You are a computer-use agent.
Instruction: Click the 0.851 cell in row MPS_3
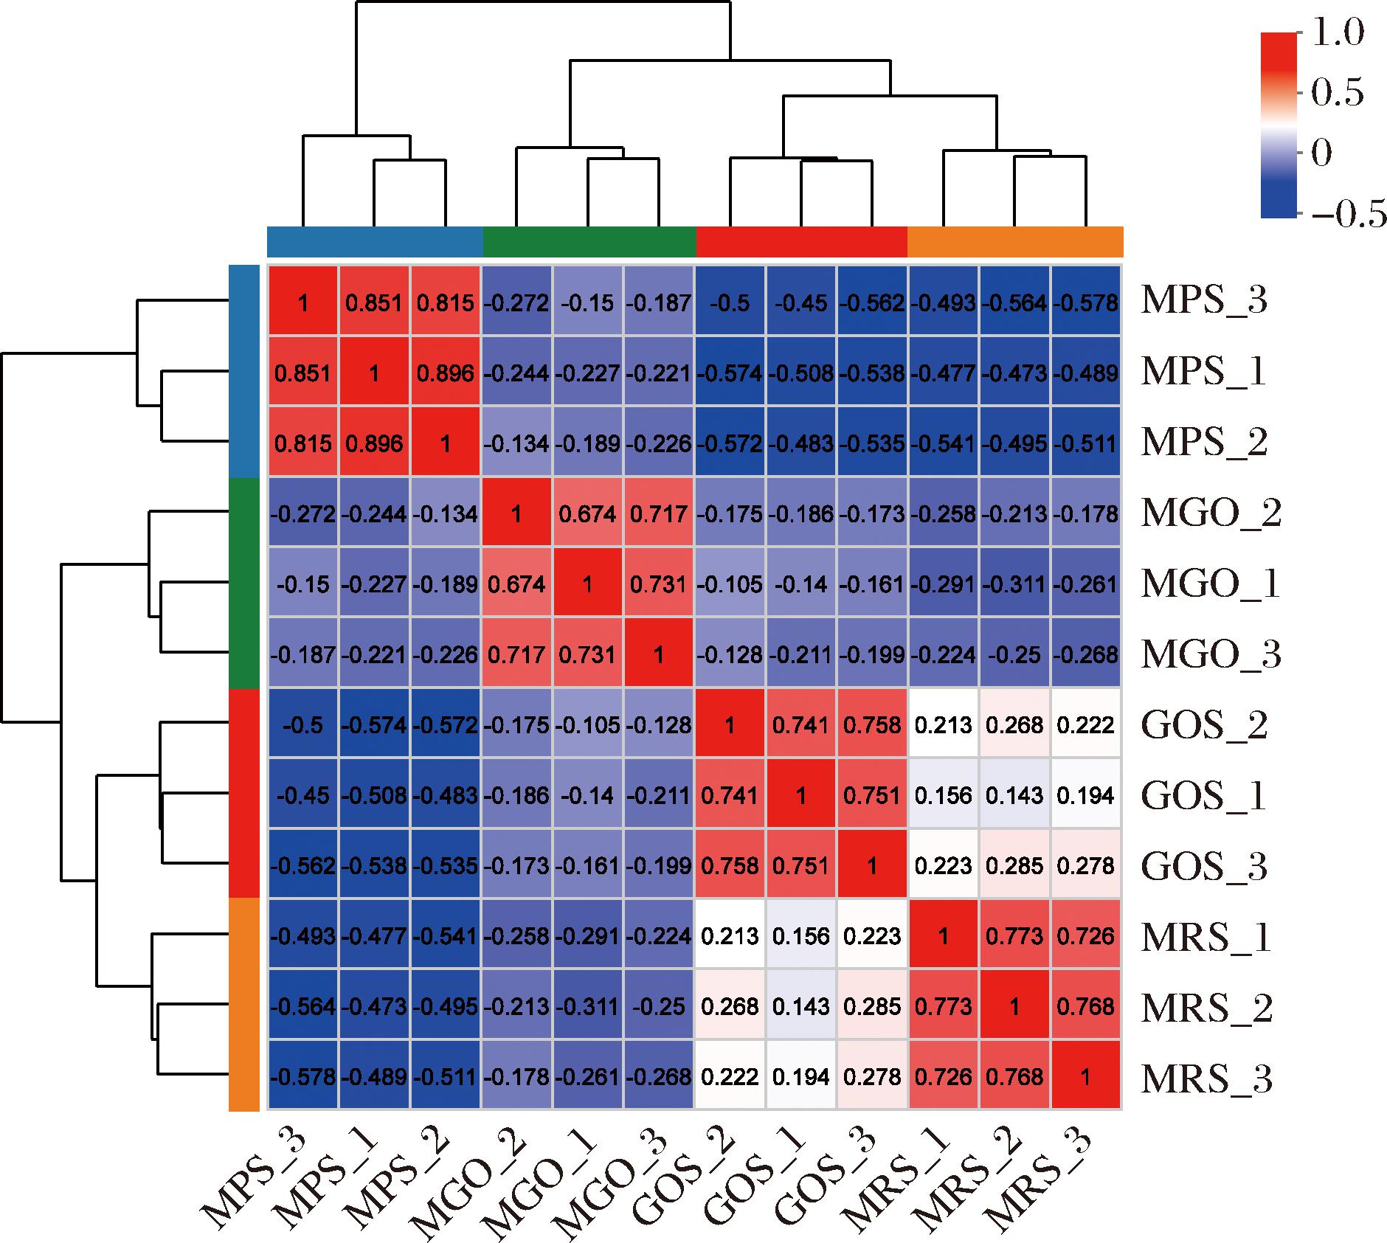click(374, 302)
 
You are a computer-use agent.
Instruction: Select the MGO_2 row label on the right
click(1211, 513)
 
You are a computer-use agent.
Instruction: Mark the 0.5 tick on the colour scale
click(1337, 94)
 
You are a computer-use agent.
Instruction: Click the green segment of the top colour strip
click(589, 241)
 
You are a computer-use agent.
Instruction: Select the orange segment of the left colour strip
click(243, 1005)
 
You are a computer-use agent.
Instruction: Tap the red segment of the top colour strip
click(802, 241)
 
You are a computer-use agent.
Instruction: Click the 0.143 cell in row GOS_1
click(1014, 795)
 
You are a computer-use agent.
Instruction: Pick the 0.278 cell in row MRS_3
click(872, 1077)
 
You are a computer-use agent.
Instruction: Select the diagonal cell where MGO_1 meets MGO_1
click(587, 584)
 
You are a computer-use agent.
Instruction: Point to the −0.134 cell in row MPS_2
click(516, 443)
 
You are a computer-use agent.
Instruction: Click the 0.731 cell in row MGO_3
click(587, 655)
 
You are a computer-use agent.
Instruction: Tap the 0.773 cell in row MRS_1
click(1014, 936)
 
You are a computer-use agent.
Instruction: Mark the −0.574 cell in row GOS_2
click(374, 725)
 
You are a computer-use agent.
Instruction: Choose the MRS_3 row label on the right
click(1206, 1078)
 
